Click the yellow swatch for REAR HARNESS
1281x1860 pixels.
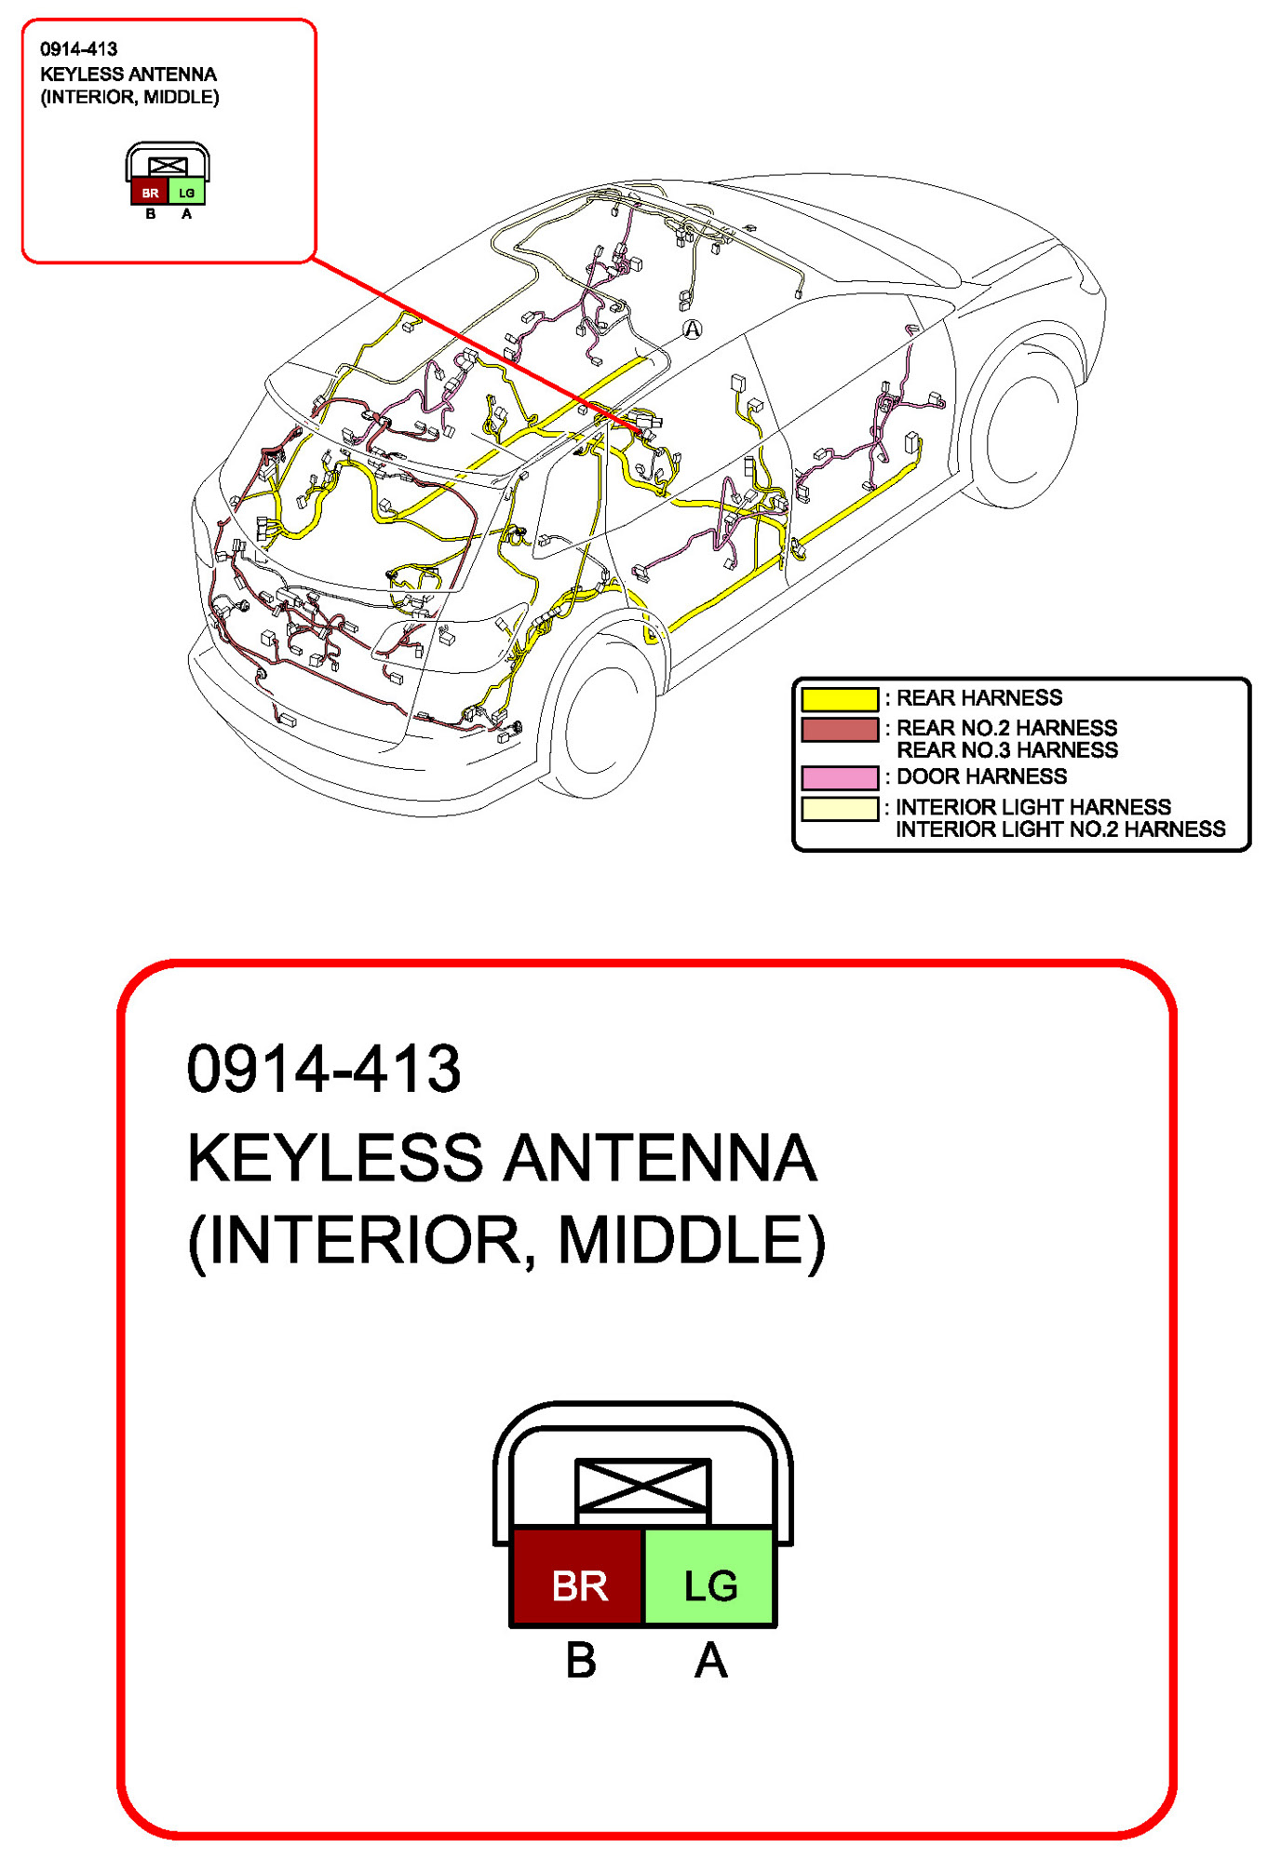[839, 698]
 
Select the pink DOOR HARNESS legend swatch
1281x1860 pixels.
[839, 777]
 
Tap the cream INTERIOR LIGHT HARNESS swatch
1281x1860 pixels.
[839, 808]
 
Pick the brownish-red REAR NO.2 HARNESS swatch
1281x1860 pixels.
[839, 730]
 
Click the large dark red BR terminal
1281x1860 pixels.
[578, 1585]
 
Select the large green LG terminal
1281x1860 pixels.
[709, 1585]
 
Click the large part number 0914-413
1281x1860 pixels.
[323, 1069]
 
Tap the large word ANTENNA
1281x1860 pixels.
[660, 1158]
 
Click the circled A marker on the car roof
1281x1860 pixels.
[692, 329]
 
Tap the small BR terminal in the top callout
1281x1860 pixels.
[150, 193]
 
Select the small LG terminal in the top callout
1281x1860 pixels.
[186, 193]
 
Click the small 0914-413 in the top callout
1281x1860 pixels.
[78, 49]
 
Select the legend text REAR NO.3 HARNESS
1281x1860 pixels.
[1006, 750]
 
